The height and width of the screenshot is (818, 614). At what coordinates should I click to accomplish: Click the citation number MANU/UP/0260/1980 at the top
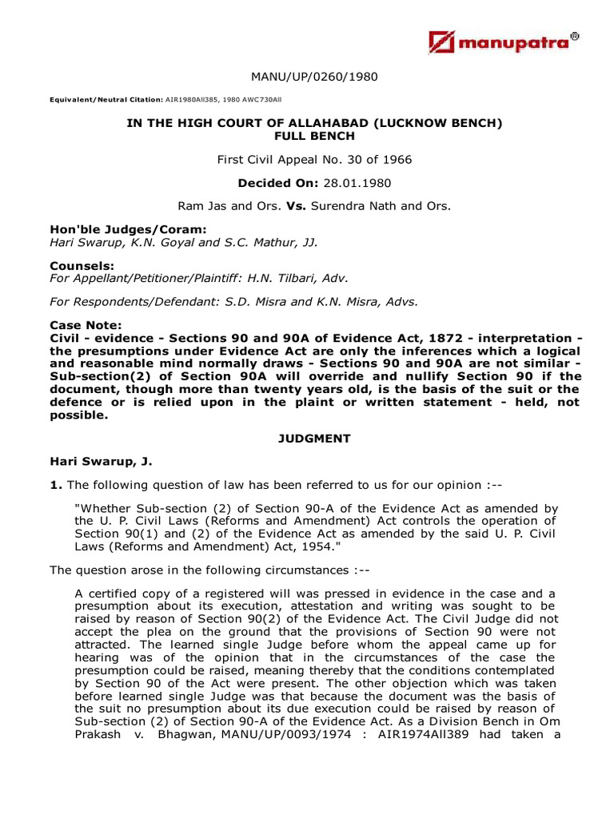314,77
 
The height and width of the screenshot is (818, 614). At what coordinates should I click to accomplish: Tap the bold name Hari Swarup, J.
100,462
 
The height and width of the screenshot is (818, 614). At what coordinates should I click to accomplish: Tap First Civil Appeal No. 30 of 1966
314,160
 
